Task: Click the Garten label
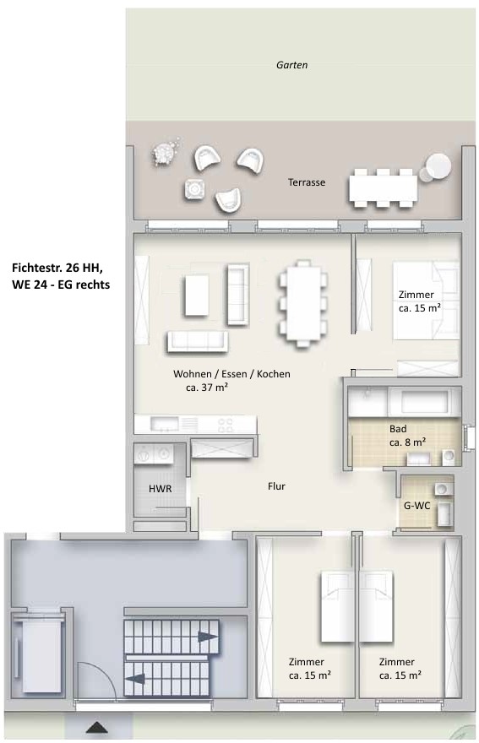tap(291, 65)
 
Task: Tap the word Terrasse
tap(307, 182)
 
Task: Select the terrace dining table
tap(384, 188)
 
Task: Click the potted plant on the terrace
tap(165, 151)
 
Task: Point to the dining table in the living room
tap(303, 303)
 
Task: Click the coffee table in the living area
tap(196, 296)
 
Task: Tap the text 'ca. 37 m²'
tap(207, 388)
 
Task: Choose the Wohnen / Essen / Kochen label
tap(231, 374)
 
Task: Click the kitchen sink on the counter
tap(164, 424)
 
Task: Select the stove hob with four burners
tap(226, 425)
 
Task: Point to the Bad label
tap(398, 429)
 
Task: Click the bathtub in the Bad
tap(423, 402)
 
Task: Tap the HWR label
tap(161, 489)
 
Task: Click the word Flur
tap(276, 486)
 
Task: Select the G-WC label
tap(416, 506)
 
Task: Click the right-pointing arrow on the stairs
tap(208, 637)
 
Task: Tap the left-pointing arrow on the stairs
tap(135, 678)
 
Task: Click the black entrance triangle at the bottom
tap(97, 727)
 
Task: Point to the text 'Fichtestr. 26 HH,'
tap(57, 268)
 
